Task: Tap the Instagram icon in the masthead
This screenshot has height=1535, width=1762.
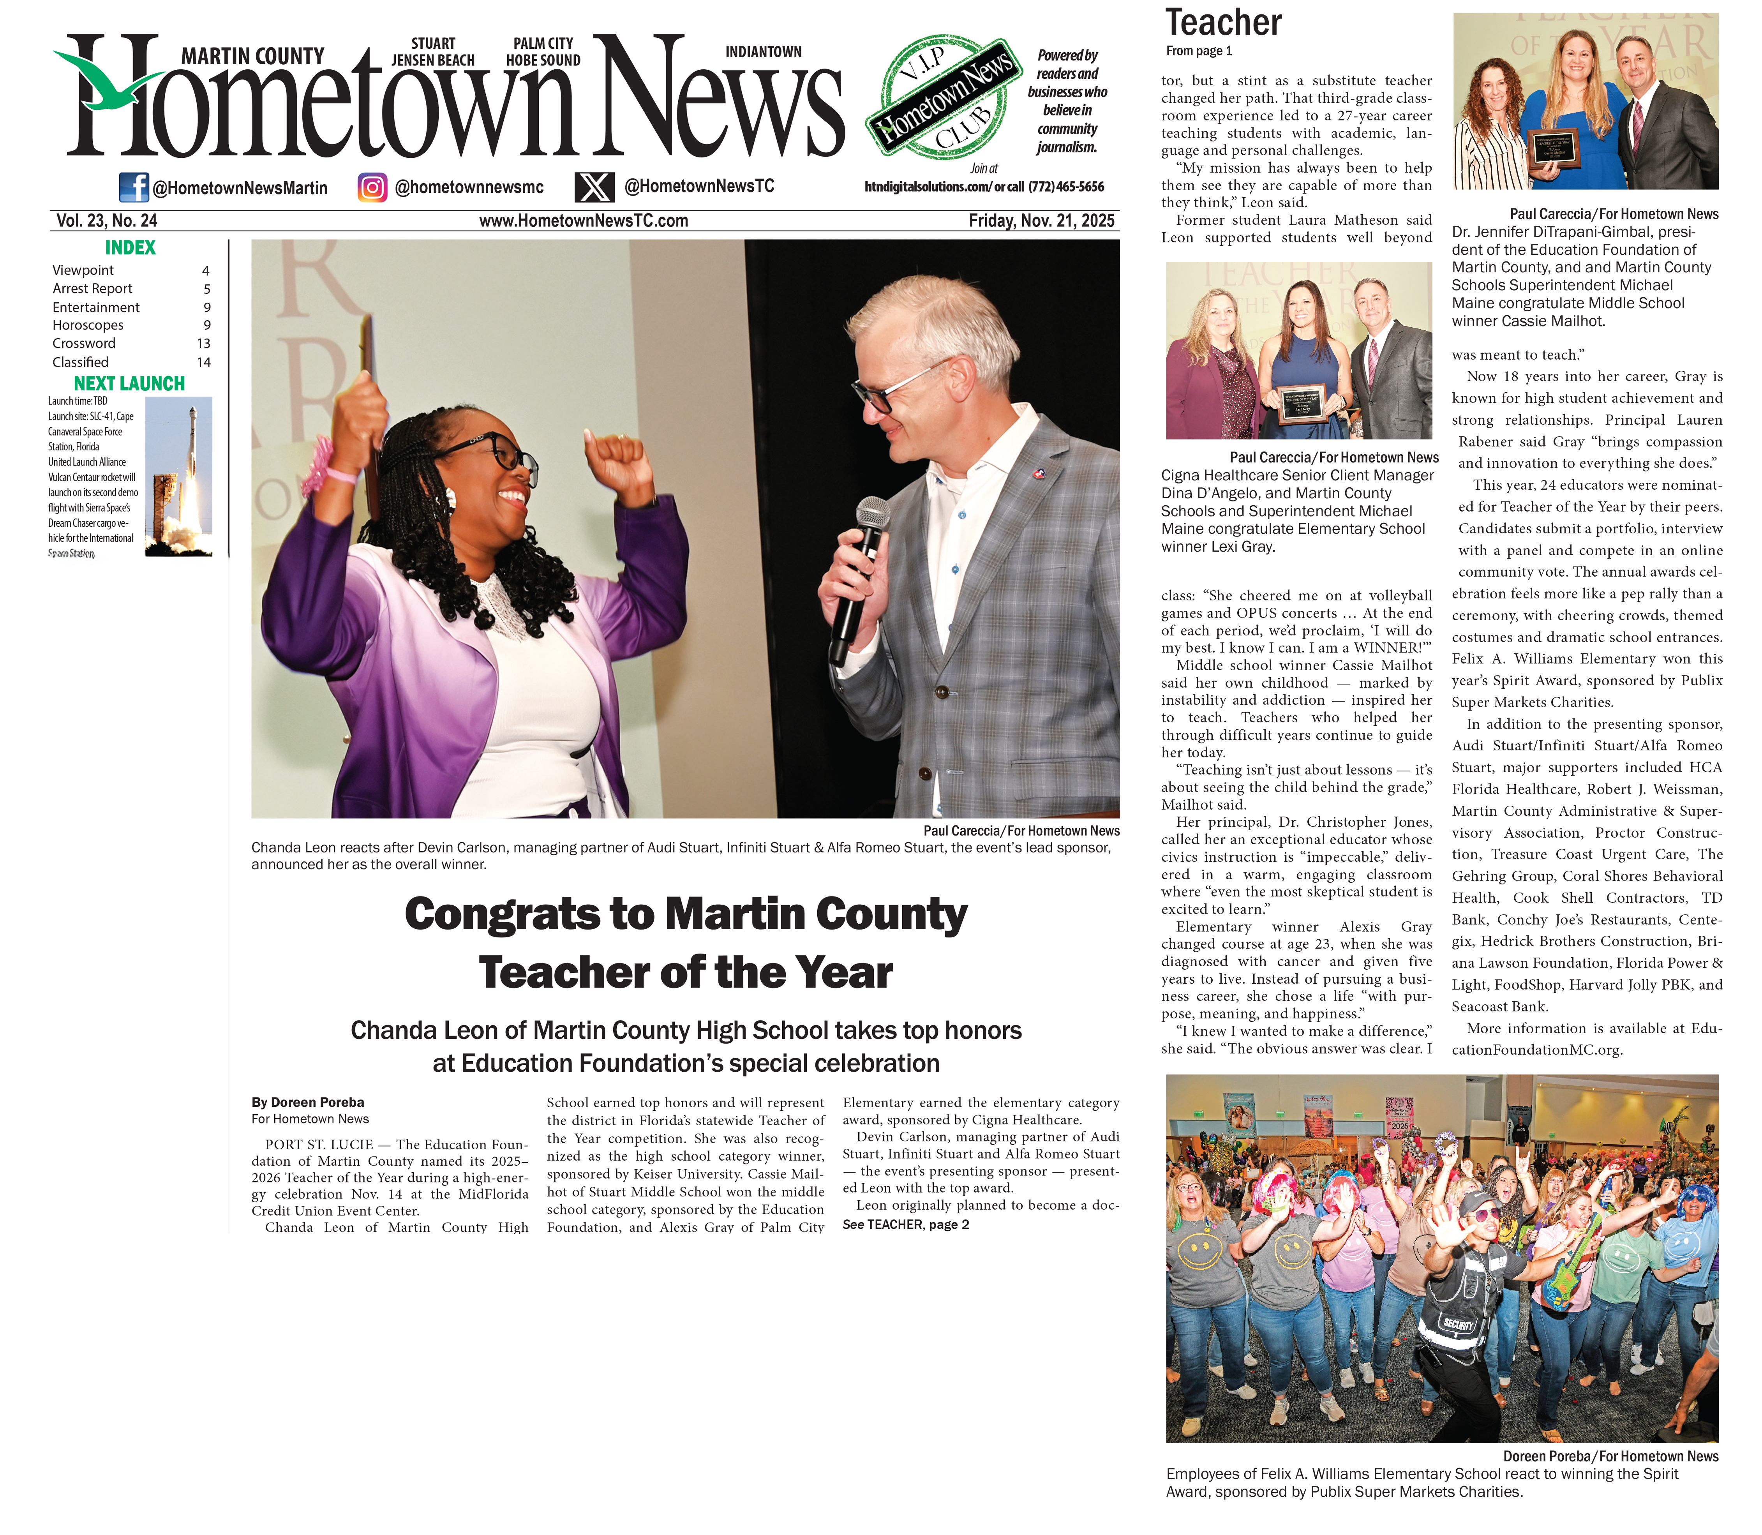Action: pyautogui.click(x=372, y=187)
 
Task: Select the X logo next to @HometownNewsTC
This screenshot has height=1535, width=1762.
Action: pyautogui.click(x=594, y=187)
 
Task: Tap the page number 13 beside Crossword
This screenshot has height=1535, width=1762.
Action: pyautogui.click(x=203, y=344)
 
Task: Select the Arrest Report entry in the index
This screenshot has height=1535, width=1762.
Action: pyautogui.click(x=92, y=289)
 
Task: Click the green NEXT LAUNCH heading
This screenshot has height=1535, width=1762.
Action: pyautogui.click(x=129, y=384)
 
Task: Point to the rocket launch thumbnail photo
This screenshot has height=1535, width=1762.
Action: pyautogui.click(x=178, y=476)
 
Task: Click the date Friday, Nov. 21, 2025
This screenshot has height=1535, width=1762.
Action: pyautogui.click(x=1041, y=221)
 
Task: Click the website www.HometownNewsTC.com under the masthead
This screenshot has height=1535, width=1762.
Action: pyautogui.click(x=583, y=221)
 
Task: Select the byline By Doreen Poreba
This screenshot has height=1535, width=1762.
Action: pyautogui.click(x=307, y=1103)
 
